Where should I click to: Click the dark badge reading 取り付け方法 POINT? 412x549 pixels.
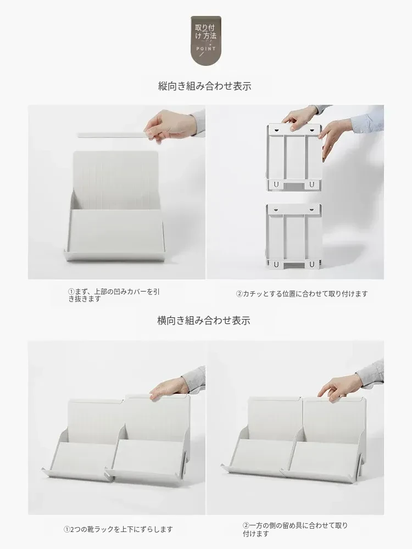point(205,40)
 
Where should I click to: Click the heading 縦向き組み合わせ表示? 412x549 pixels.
point(204,86)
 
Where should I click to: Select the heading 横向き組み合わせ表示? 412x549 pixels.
point(204,321)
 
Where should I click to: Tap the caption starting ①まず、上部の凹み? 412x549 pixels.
point(114,295)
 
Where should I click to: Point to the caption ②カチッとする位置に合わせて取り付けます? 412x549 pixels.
point(302,294)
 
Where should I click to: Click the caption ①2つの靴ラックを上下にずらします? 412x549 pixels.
point(118,529)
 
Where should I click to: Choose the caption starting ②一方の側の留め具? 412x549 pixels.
point(295,529)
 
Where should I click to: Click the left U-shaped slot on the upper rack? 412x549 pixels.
point(276,184)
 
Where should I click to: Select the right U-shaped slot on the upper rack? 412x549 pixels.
point(311,184)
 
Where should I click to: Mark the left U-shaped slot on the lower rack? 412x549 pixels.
point(276,264)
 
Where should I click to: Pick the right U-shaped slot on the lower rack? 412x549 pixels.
point(311,264)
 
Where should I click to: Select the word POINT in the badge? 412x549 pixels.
point(206,49)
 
